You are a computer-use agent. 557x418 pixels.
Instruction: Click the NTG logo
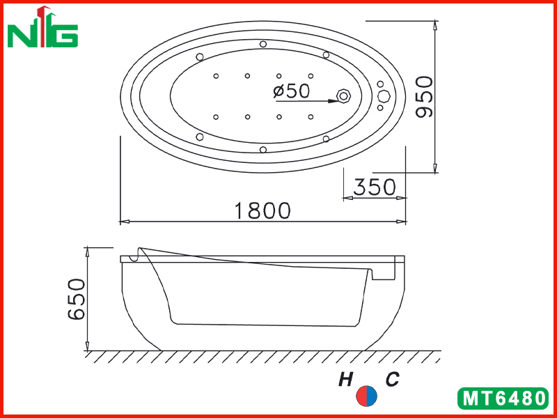click(x=42, y=26)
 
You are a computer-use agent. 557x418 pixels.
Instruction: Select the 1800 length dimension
click(x=262, y=210)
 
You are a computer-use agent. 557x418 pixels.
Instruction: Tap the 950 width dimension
click(x=425, y=97)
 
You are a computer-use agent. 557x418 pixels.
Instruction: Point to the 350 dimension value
click(x=375, y=187)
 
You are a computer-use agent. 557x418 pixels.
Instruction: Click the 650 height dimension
click(x=77, y=300)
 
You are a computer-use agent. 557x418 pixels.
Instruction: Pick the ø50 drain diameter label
click(x=291, y=91)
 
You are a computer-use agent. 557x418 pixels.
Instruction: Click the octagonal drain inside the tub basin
click(x=343, y=96)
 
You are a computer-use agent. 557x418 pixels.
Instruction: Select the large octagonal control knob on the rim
click(x=384, y=96)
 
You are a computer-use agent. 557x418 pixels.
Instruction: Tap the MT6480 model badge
click(x=503, y=398)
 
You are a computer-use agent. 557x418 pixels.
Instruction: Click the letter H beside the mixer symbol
click(x=345, y=380)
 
